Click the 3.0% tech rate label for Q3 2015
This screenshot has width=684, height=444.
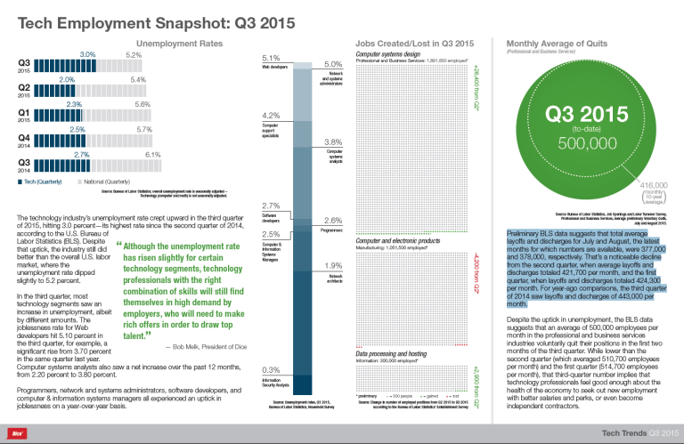[x=87, y=54]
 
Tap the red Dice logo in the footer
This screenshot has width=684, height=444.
[x=15, y=433]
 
